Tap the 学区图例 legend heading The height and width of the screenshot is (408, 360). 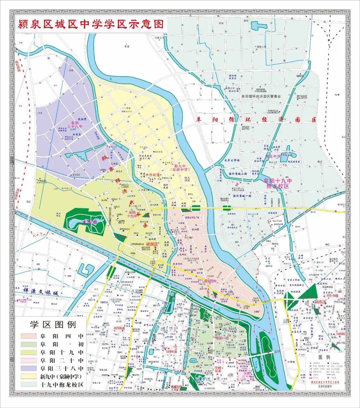53,324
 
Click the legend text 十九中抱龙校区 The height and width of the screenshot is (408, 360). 62,385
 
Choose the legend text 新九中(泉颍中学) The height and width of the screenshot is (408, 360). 62,377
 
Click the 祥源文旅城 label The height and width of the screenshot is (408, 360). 41,293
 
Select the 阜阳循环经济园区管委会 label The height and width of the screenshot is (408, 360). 261,96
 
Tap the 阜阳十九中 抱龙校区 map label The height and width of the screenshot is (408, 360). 277,183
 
